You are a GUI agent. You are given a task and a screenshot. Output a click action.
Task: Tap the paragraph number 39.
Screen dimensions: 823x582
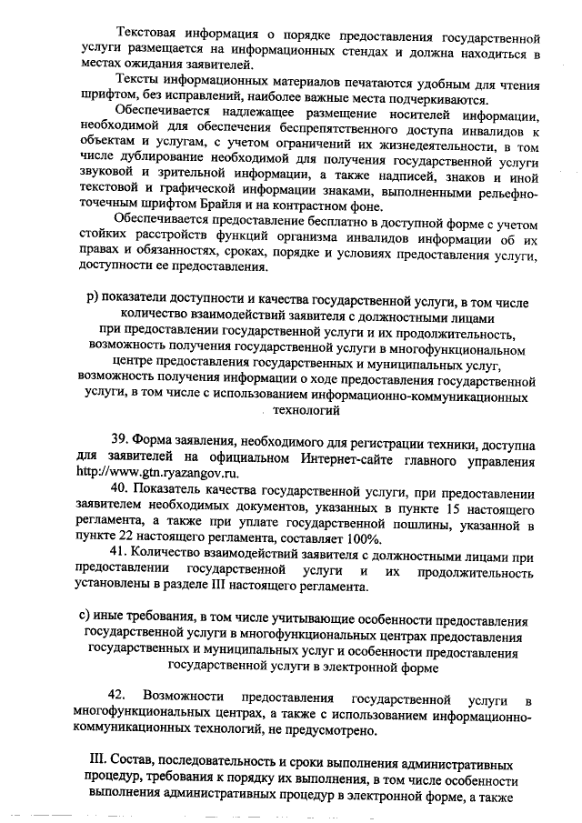point(120,441)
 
